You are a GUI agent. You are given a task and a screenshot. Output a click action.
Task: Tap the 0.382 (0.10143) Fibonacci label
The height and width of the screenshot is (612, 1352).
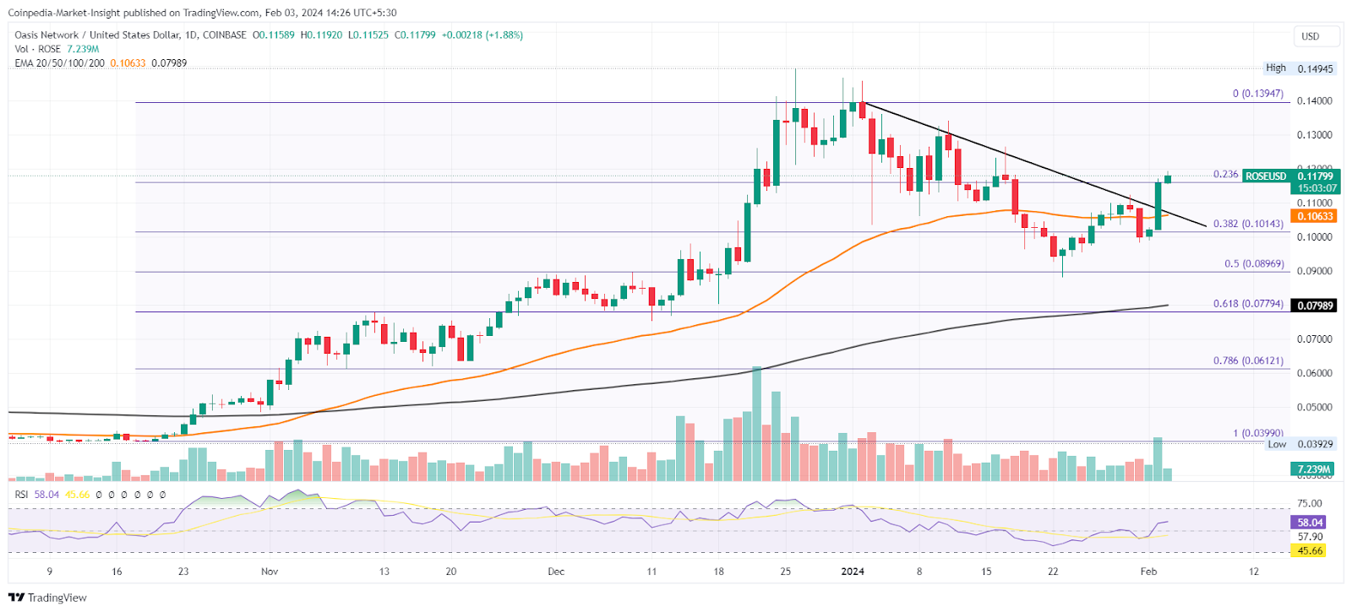click(x=1248, y=224)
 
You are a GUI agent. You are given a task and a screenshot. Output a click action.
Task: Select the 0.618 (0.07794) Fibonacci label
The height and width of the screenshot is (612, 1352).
click(x=1248, y=304)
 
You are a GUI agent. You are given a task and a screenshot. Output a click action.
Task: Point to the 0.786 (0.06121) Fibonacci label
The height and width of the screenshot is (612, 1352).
click(x=1248, y=360)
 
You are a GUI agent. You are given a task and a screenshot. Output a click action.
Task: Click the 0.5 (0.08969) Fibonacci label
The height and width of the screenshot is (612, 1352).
click(x=1254, y=264)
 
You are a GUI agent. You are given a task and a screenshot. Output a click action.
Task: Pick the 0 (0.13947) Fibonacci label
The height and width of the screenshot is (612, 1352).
click(x=1257, y=94)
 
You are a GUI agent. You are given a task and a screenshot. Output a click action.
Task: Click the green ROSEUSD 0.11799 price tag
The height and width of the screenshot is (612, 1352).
click(x=1290, y=176)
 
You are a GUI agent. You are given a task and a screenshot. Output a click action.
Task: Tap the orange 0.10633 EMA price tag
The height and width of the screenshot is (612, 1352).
click(x=1314, y=216)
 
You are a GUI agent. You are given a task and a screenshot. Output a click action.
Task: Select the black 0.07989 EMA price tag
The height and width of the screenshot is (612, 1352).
click(x=1314, y=306)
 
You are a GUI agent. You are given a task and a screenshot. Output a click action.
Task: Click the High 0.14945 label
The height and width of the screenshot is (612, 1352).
click(x=1299, y=68)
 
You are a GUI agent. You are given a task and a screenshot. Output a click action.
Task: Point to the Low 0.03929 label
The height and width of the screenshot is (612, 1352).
click(x=1300, y=444)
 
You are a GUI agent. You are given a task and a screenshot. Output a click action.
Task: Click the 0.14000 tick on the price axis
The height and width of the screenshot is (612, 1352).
click(x=1314, y=101)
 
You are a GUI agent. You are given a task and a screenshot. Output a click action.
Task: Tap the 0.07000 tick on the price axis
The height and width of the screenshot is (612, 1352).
click(x=1314, y=339)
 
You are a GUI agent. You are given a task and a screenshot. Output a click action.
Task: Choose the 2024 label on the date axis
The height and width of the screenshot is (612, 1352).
click(x=853, y=571)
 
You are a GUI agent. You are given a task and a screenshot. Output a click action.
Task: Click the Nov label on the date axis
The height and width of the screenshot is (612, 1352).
click(x=270, y=571)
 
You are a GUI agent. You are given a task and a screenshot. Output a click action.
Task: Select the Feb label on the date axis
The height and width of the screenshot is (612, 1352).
click(x=1148, y=571)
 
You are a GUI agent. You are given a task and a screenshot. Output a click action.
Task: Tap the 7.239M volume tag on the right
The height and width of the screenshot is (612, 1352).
click(x=1314, y=469)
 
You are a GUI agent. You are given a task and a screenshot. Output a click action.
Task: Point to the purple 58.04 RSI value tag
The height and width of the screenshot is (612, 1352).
click(x=1311, y=523)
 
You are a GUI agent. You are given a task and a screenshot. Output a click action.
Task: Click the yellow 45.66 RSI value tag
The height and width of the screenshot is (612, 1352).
click(x=1310, y=550)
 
